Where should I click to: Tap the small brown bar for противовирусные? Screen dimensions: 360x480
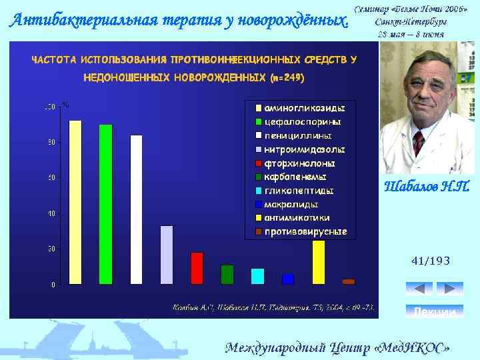[x=348, y=281]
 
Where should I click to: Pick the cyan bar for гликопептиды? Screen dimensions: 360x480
[x=257, y=276]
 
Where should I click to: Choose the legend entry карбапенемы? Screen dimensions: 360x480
[x=295, y=177]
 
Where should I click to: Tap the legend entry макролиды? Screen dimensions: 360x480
[x=291, y=204]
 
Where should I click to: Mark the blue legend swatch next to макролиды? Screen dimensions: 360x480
[x=257, y=205]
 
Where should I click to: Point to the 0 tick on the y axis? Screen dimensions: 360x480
[x=53, y=285]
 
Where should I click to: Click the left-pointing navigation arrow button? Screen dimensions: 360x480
[x=419, y=289]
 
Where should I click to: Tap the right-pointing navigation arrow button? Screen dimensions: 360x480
[x=449, y=289]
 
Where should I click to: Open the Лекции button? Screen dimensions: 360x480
[x=434, y=311]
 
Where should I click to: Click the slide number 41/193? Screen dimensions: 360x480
[x=431, y=262]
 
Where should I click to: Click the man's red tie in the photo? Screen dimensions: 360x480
[x=418, y=143]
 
